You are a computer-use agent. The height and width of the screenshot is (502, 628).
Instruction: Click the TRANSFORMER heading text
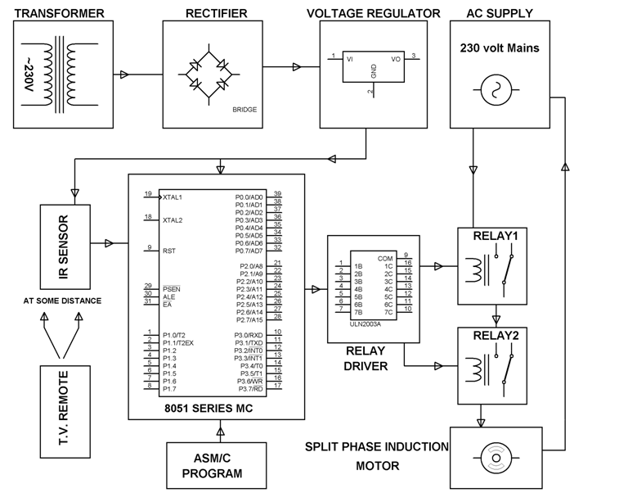60,13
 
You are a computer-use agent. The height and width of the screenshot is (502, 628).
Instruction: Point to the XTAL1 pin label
173,197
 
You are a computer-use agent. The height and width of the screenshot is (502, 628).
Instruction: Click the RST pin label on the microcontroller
169,251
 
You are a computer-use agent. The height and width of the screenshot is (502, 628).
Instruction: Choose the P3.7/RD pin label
249,389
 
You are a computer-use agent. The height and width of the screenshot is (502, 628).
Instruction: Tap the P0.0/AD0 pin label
249,197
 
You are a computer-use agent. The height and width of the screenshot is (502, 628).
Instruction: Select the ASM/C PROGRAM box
212,466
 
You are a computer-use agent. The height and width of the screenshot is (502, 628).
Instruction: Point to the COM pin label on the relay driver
385,258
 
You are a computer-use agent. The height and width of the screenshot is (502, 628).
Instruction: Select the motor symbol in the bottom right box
496,455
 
